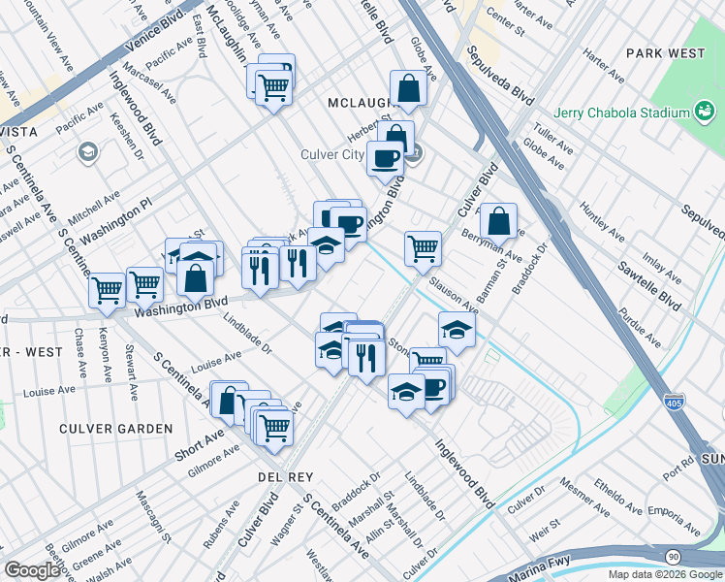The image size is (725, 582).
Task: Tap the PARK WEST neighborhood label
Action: pos(665,52)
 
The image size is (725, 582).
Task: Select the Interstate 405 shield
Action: pos(676,401)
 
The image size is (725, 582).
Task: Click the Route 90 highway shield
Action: pos(672,556)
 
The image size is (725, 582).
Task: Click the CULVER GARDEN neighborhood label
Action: pos(115,429)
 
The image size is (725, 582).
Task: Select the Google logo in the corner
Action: pos(32,569)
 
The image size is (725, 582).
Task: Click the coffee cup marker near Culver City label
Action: pos(386,157)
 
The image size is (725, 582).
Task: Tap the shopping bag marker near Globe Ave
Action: pos(409,88)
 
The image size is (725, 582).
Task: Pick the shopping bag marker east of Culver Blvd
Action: pos(498,221)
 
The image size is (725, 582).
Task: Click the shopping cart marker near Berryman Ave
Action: pos(423,247)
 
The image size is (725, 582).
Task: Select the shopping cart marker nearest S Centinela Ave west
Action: pos(107,289)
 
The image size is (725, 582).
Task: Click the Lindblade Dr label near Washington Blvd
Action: pos(248,334)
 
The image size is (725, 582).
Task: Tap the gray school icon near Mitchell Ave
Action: pos(88,151)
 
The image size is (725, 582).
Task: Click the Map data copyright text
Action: pos(664,574)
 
